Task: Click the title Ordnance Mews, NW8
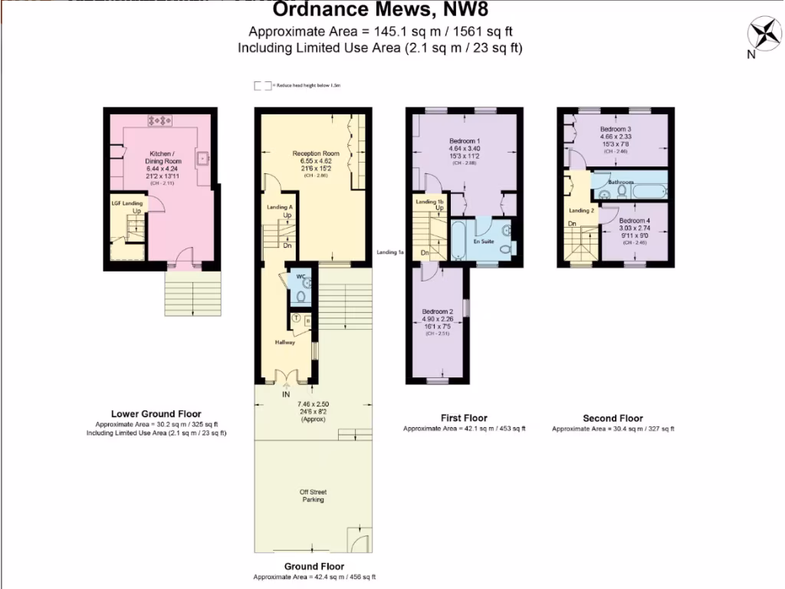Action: (381, 10)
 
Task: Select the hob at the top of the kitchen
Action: (162, 120)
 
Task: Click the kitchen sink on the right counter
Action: (204, 160)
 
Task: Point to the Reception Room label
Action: (315, 153)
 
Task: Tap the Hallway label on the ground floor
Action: (285, 342)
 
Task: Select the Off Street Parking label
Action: (313, 495)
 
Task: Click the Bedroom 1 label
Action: (465, 141)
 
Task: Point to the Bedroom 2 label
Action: (438, 311)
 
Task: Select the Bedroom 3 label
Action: (616, 130)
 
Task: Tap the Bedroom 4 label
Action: (635, 220)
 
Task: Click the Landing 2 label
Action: (581, 210)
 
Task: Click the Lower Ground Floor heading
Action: (156, 413)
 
